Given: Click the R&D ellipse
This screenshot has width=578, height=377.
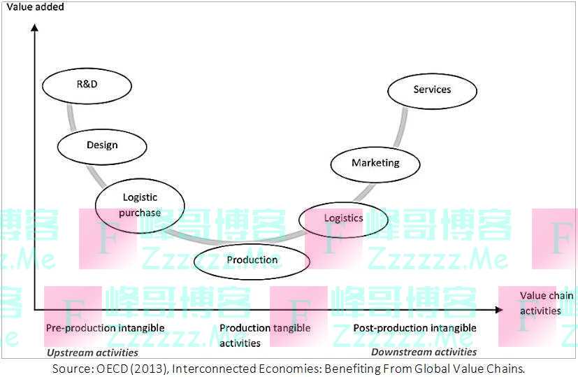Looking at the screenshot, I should (87, 85).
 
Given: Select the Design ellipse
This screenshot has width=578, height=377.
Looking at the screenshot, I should (102, 145).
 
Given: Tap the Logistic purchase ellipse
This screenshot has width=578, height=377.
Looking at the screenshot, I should (140, 205).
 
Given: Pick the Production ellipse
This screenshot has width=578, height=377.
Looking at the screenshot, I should (252, 260).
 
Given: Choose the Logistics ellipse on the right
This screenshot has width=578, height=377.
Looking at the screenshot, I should (343, 218).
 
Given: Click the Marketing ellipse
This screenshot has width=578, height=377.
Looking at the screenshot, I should (375, 163).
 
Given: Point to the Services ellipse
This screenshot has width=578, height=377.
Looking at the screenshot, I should (432, 90).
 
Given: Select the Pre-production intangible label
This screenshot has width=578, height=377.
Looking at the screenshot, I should (105, 328).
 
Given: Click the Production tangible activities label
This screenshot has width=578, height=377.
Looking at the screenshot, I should (264, 335).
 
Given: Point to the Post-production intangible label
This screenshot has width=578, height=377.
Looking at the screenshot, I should (414, 328).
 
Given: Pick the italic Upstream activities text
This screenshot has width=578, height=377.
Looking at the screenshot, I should (92, 353).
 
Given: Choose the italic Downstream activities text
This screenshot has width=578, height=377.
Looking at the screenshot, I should (424, 352).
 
